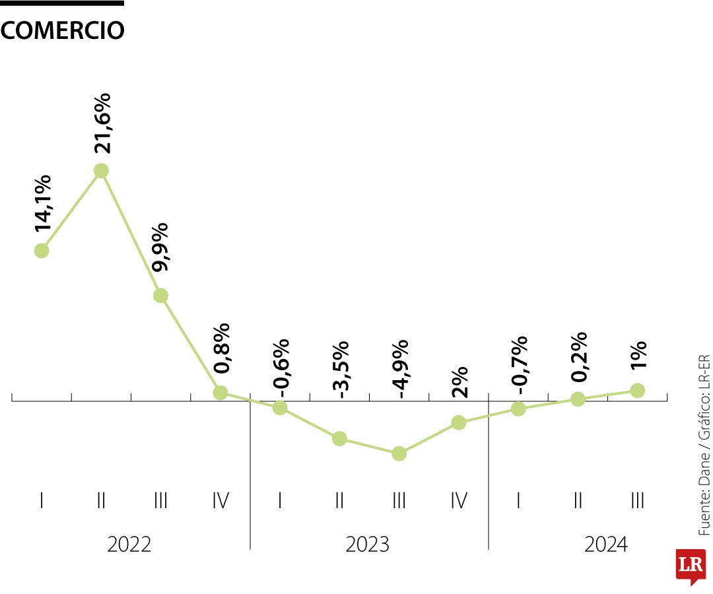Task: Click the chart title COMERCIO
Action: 63,30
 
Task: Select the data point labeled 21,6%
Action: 101,170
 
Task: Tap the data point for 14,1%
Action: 42,250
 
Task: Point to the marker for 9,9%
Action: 160,295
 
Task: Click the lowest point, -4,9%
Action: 399,453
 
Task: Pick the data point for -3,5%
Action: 339,438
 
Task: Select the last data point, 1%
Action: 637,390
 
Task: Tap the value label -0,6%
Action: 281,367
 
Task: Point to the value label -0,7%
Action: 519,365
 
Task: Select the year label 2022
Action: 129,544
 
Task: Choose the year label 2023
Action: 368,544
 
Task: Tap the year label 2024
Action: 606,544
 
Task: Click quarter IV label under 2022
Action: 221,502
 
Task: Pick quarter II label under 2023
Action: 339,502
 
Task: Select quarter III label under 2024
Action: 637,502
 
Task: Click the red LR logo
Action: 691,565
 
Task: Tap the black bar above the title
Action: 62,3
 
